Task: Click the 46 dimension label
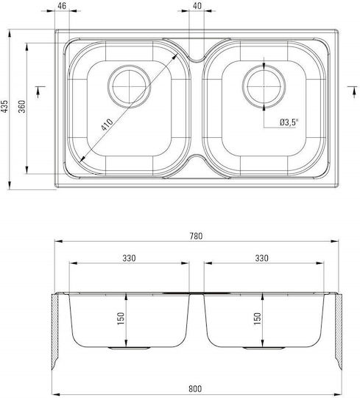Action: pyautogui.click(x=62, y=6)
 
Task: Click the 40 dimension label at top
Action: pyautogui.click(x=197, y=6)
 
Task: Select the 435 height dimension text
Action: pyautogui.click(x=5, y=106)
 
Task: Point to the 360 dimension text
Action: pyautogui.click(x=22, y=106)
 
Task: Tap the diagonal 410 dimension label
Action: pyautogui.click(x=107, y=125)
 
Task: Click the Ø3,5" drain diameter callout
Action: pyautogui.click(x=289, y=122)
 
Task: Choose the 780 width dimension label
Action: pyautogui.click(x=197, y=236)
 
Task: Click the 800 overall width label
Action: pyautogui.click(x=195, y=388)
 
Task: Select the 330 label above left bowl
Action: pyautogui.click(x=129, y=258)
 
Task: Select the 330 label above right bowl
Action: pyautogui.click(x=261, y=258)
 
